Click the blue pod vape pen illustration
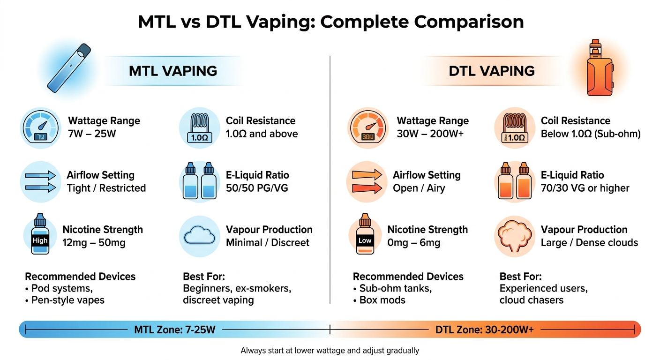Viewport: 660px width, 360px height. (69, 67)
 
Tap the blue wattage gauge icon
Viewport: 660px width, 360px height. (41, 127)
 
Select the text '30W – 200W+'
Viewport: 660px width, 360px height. (430, 134)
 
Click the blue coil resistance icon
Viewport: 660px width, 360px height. (200, 127)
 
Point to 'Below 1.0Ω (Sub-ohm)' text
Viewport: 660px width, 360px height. (590, 134)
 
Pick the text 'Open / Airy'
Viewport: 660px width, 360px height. (419, 188)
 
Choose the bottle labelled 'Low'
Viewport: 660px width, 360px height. (365, 237)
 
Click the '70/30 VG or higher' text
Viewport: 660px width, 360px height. (585, 188)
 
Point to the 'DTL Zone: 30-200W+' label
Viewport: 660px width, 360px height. (484, 330)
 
